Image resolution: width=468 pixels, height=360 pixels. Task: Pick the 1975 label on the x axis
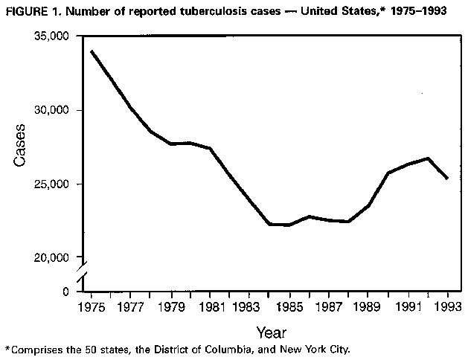point(92,306)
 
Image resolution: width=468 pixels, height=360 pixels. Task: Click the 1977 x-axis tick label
point(132,306)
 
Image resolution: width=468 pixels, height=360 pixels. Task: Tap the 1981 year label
point(210,306)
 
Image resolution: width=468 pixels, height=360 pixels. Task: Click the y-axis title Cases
point(22,144)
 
